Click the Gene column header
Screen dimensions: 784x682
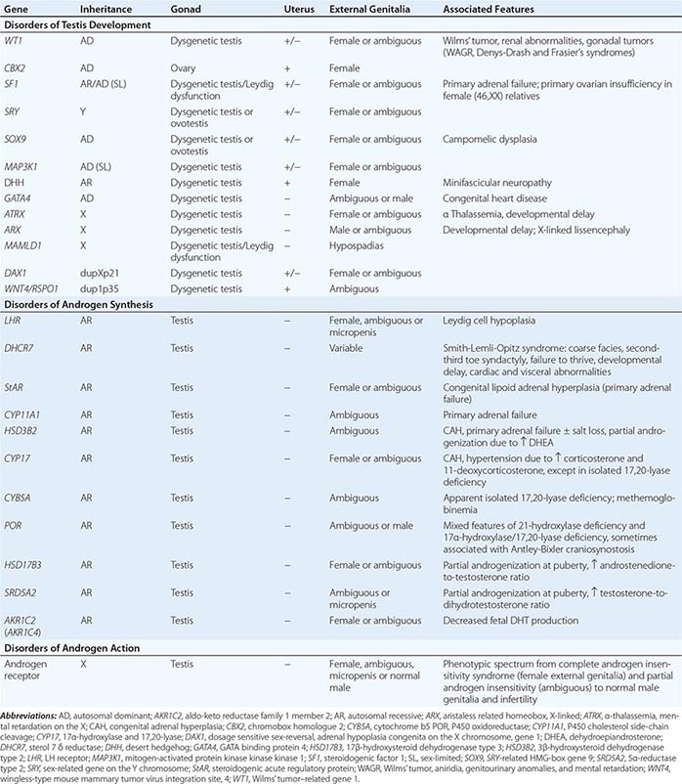point(19,8)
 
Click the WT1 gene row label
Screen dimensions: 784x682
point(15,42)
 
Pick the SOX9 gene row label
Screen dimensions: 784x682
point(17,140)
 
